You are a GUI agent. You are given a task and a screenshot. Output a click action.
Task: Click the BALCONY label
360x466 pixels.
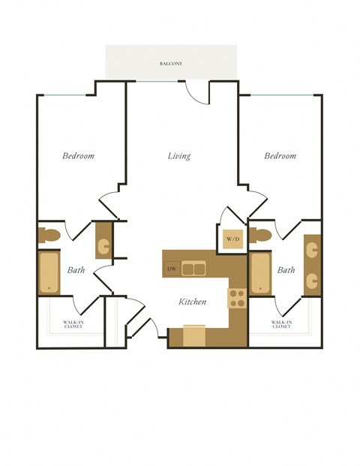tap(171, 64)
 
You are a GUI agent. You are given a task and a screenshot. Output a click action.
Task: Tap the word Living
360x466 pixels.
tap(178, 156)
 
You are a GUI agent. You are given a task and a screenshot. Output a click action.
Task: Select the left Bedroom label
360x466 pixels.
tap(78, 156)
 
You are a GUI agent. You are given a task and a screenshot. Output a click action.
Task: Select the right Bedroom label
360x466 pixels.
tap(280, 156)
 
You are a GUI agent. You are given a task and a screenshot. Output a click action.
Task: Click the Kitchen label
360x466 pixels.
tap(192, 302)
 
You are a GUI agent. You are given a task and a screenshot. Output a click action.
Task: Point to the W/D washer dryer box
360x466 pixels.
tap(233, 239)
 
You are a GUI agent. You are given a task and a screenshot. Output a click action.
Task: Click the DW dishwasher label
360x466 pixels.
tap(171, 269)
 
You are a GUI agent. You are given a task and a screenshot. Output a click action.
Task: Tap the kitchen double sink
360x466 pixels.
tap(193, 269)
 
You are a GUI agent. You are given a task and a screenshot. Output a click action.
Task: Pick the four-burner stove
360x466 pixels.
tap(237, 298)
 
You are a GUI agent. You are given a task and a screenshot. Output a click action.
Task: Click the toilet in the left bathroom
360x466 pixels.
tap(49, 236)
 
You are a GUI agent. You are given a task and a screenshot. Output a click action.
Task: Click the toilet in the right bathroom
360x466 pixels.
tap(260, 235)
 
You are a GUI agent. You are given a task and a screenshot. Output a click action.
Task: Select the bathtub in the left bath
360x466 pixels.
tap(49, 272)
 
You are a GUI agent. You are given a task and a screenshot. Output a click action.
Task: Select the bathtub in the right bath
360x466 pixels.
tap(260, 274)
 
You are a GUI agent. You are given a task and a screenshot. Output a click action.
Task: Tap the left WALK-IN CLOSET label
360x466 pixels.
tap(73, 325)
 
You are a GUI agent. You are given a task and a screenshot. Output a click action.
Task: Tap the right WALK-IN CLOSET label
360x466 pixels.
tap(281, 325)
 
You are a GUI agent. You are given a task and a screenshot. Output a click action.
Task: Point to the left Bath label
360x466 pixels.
tap(76, 270)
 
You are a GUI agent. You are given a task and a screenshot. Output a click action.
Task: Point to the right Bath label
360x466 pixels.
tap(286, 270)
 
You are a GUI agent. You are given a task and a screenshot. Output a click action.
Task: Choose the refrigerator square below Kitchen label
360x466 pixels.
tap(194, 335)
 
